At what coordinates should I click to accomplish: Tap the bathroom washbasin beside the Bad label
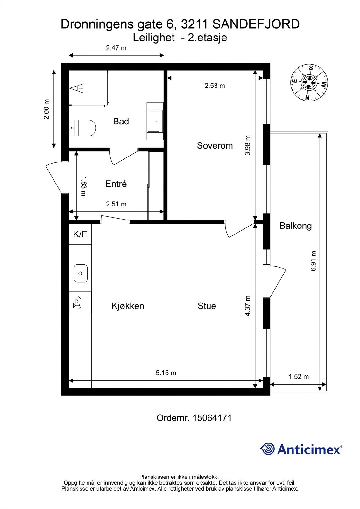[x=155, y=121]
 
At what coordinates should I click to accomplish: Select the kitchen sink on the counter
[x=81, y=273]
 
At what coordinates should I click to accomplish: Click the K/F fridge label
[x=80, y=234]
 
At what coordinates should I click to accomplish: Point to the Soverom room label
[x=215, y=146]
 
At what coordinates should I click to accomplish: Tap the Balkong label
[x=295, y=226]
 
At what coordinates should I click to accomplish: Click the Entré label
[x=116, y=184]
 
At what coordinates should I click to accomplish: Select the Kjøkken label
[x=128, y=306]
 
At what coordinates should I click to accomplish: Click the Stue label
[x=207, y=306]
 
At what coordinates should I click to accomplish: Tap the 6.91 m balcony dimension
[x=314, y=261]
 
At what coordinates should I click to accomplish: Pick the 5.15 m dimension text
[x=166, y=373]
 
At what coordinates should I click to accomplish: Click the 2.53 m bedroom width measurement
[x=215, y=86]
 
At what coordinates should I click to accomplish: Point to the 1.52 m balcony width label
[x=299, y=377]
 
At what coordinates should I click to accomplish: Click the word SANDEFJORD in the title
[x=256, y=24]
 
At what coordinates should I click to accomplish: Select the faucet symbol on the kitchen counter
[x=77, y=303]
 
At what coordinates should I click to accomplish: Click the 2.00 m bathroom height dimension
[x=47, y=109]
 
